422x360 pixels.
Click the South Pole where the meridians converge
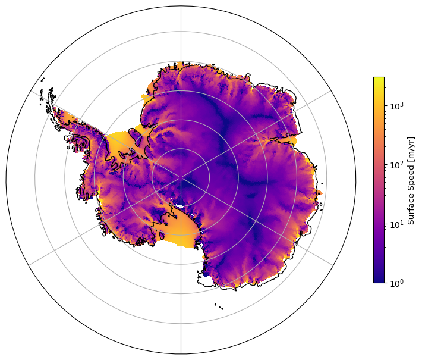tap(181, 177)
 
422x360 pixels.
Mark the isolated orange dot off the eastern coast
tap(320, 193)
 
